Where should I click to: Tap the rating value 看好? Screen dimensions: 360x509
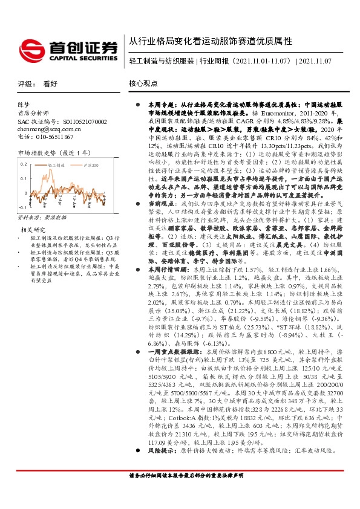tap(50, 85)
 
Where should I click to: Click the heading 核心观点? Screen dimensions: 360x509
tap(143, 85)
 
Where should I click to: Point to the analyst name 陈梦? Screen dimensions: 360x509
tap(24, 105)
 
